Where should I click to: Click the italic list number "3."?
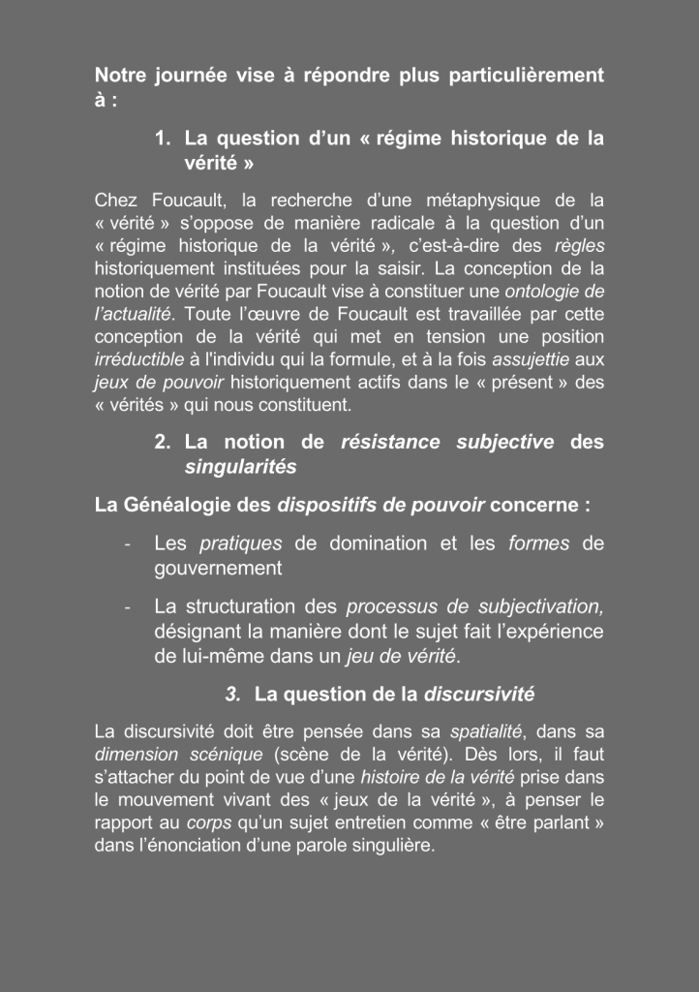pyautogui.click(x=232, y=694)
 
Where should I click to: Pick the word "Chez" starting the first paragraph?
pyautogui.click(x=116, y=201)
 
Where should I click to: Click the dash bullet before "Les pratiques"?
pyautogui.click(x=128, y=543)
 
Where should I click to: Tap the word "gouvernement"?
pyautogui.click(x=218, y=569)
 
